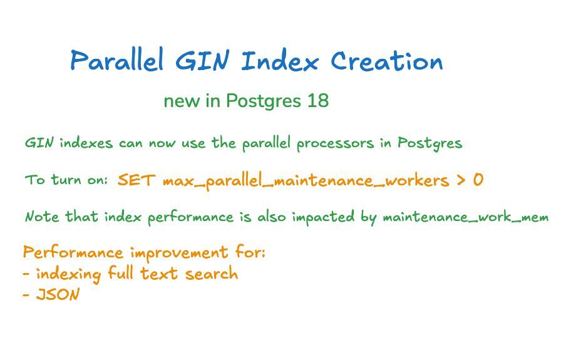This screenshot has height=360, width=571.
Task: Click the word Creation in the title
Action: point(386,61)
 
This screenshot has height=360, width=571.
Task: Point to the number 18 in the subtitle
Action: point(318,101)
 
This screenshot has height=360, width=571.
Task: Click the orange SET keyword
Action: point(136,181)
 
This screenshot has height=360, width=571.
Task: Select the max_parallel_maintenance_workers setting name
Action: point(306,182)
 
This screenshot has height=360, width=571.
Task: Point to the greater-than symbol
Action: point(461,181)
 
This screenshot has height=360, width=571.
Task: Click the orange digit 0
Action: point(478,181)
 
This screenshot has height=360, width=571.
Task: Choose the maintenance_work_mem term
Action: point(465,218)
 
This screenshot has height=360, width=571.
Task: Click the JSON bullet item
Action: point(57,295)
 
